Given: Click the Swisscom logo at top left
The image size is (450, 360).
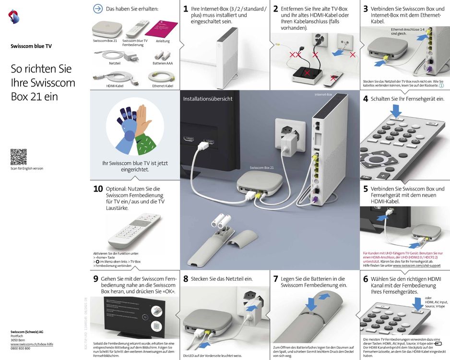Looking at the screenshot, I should click(14, 17).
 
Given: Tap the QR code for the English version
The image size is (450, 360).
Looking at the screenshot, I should click(18, 156).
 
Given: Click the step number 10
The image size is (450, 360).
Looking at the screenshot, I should click(98, 189).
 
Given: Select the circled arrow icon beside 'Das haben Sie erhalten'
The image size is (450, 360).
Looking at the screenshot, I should click(98, 9).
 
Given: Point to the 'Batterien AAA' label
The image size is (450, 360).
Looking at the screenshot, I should click(163, 63).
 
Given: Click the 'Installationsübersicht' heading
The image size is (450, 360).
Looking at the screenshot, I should click(208, 99).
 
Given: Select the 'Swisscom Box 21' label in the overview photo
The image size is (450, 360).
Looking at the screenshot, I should click(262, 168).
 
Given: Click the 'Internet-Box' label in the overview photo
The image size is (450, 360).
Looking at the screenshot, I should click(323, 95).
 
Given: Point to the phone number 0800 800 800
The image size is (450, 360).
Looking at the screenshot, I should click(21, 348).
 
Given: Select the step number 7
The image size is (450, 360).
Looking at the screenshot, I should click(276, 279).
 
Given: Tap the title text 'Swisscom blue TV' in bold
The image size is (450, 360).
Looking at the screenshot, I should click(31, 47).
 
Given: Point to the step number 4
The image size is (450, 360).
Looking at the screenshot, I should click(366, 99).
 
